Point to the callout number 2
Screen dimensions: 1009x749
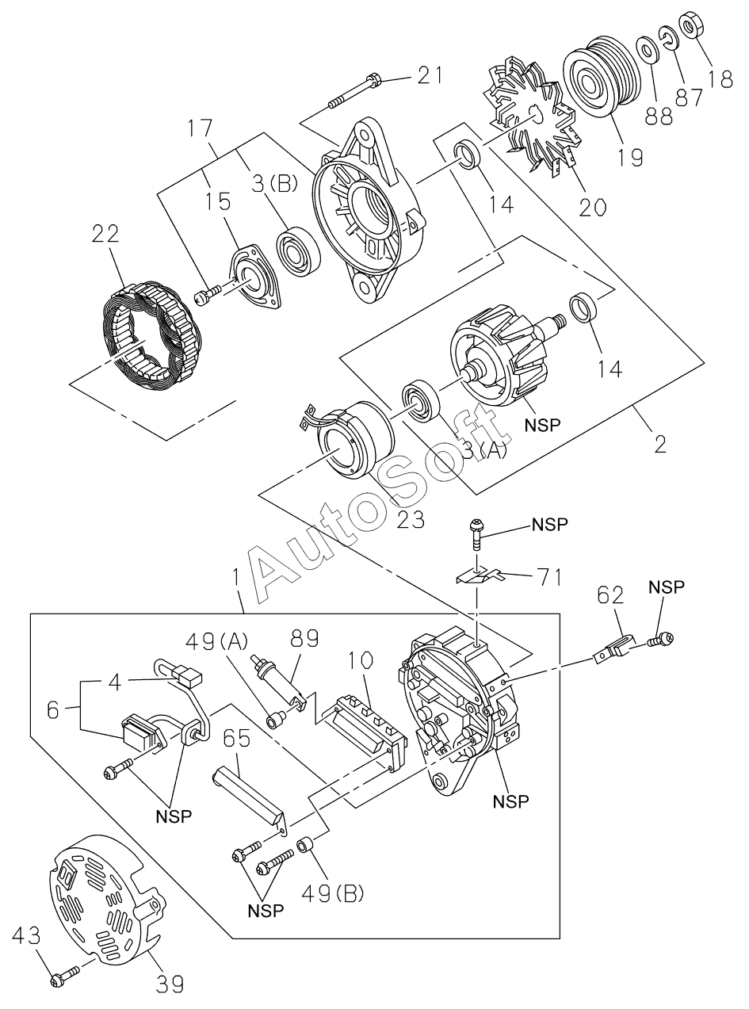coord(659,442)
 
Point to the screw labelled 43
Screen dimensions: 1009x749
coord(63,976)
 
